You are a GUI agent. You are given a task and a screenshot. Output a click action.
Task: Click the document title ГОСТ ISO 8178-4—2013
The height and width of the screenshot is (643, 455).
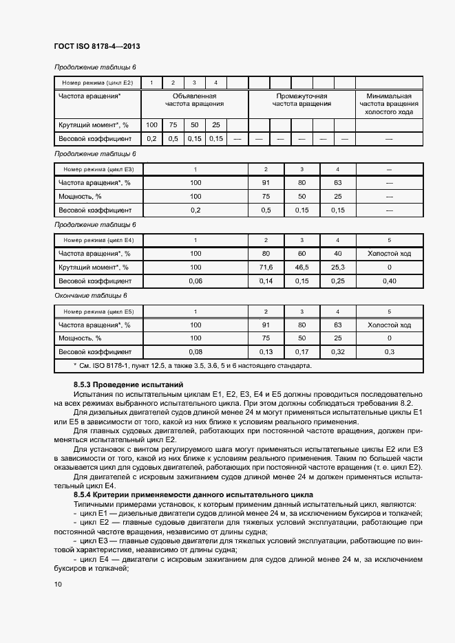(96, 46)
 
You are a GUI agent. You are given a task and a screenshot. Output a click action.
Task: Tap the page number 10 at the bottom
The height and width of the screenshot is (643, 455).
(58, 584)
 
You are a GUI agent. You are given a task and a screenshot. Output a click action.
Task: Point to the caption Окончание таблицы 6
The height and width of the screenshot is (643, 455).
(91, 296)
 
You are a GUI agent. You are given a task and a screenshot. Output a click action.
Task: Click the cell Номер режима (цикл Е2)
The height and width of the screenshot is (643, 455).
(97, 83)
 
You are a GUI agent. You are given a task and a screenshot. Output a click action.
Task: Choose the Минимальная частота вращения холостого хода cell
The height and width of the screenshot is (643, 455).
(389, 104)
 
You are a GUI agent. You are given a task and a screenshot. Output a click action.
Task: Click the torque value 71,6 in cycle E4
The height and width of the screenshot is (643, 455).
(266, 267)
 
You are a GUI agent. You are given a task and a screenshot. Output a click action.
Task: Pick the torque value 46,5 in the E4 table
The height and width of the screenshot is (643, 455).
(301, 267)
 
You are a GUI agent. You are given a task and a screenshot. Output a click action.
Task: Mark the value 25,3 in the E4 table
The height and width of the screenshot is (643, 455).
(337, 267)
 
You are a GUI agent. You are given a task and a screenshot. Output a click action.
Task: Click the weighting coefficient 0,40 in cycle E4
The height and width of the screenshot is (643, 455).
(389, 281)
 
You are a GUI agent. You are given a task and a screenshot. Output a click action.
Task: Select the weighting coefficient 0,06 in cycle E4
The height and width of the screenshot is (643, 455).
(195, 281)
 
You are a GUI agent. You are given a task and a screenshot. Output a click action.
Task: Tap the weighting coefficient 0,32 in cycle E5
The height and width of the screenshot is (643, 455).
(337, 352)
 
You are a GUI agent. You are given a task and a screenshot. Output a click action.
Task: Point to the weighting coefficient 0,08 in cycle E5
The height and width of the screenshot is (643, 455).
(195, 352)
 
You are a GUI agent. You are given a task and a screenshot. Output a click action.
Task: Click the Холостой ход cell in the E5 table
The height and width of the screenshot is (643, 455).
(389, 325)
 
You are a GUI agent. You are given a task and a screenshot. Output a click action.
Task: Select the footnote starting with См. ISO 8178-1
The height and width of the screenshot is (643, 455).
(192, 366)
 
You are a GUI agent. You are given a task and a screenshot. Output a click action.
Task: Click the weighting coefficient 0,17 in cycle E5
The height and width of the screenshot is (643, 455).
(301, 352)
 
